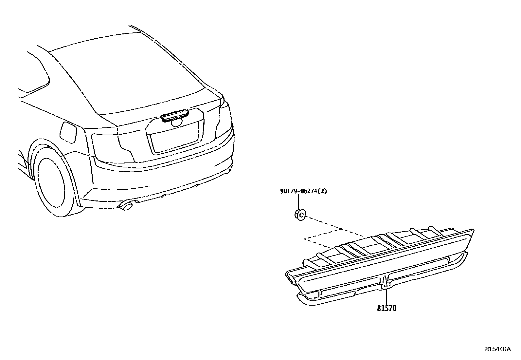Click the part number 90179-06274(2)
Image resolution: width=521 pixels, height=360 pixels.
(303, 191)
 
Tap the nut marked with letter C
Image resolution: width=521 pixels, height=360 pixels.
(300, 215)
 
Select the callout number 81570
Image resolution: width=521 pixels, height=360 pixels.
(386, 308)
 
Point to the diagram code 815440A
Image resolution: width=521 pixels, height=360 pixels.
(497, 349)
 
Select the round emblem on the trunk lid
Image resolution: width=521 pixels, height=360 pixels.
(177, 122)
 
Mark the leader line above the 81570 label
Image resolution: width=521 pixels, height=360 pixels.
(386, 296)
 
